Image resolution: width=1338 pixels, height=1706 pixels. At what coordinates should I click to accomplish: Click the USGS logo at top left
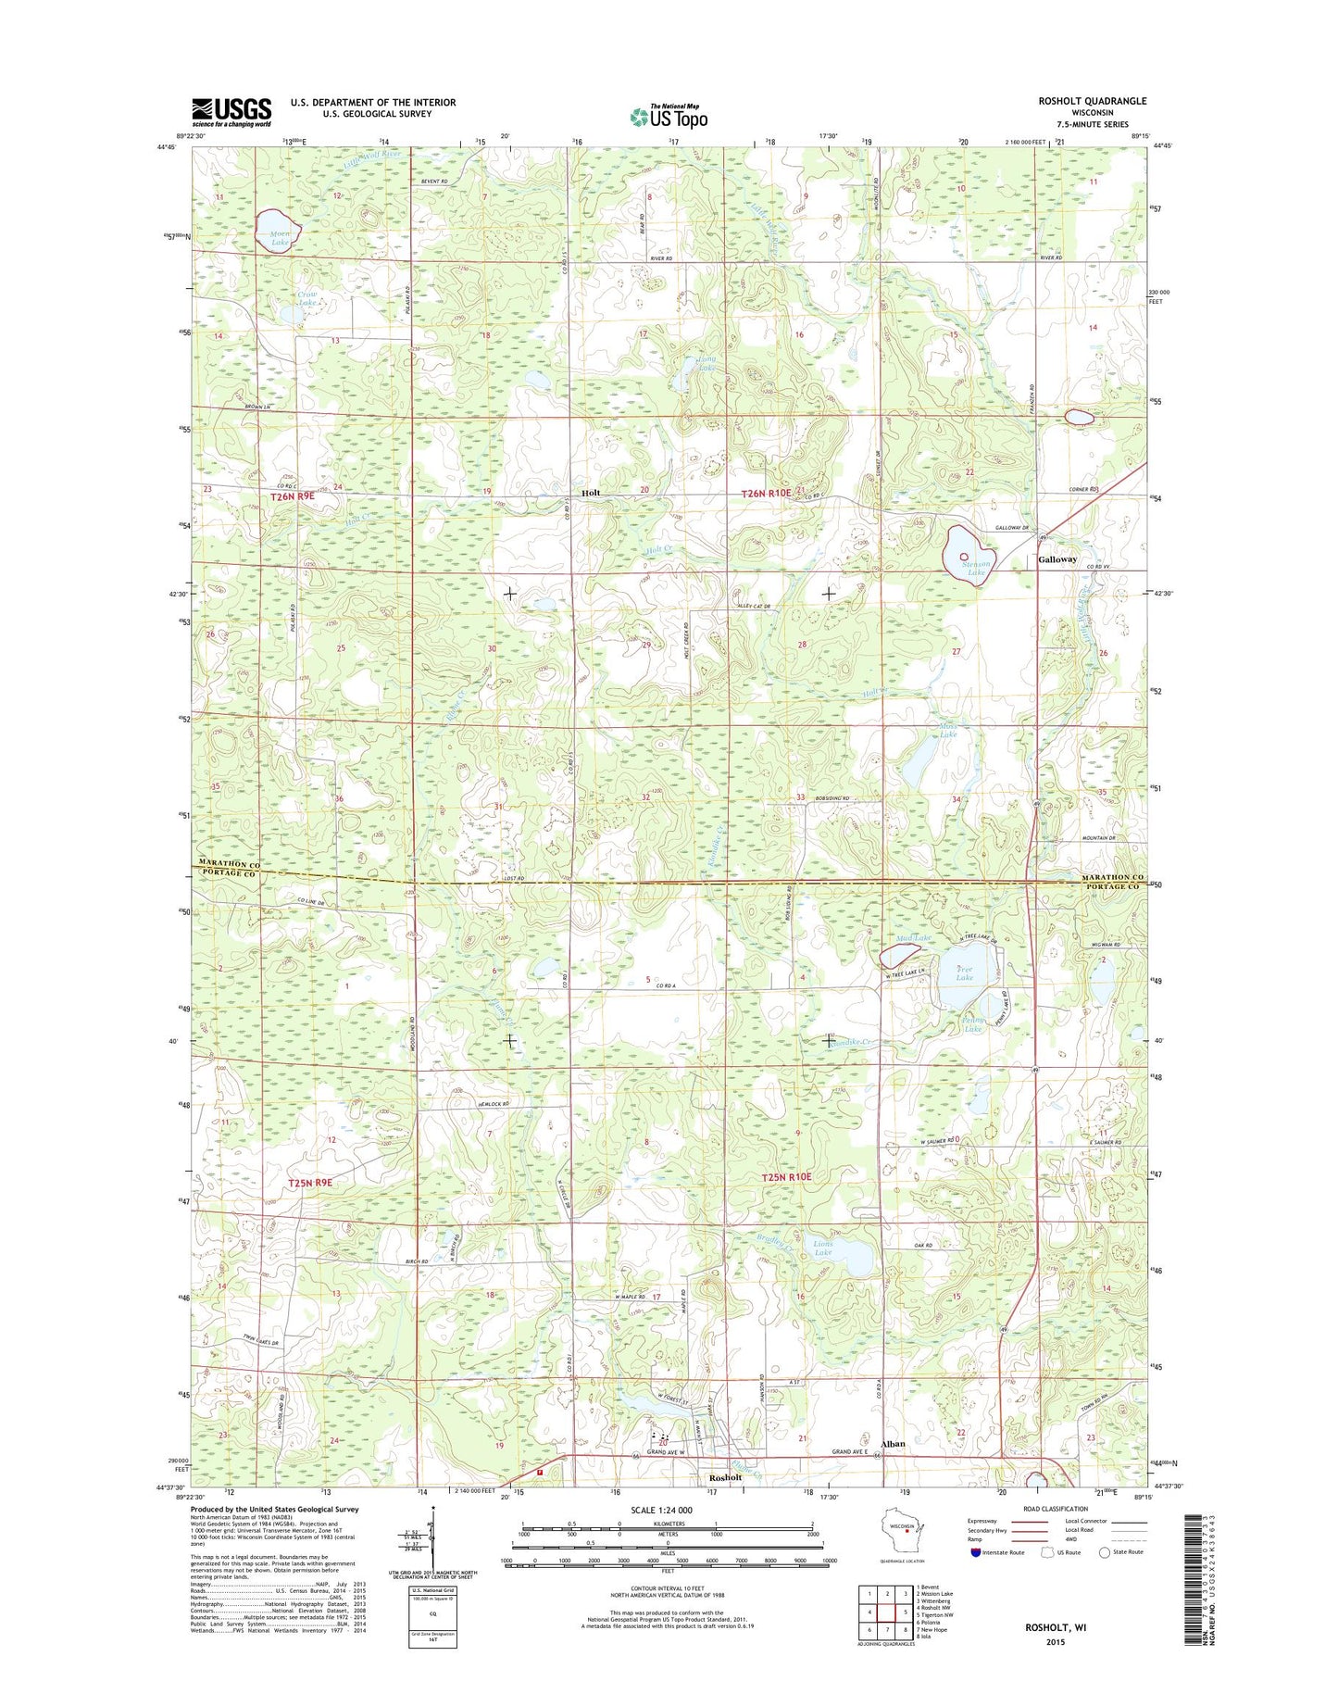(x=231, y=111)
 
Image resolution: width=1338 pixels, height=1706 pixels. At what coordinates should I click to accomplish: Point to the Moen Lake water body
(x=274, y=231)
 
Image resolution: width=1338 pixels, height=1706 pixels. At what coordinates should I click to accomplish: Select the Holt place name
(x=591, y=493)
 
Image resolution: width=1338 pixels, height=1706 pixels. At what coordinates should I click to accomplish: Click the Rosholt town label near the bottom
(x=725, y=1477)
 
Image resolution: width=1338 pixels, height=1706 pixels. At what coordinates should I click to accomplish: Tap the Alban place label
(x=893, y=1444)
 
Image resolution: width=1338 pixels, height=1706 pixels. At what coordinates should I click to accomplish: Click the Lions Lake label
(x=822, y=1248)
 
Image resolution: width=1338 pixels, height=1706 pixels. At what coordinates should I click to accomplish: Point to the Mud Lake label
(x=913, y=938)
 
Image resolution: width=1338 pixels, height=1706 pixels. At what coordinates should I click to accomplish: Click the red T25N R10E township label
(x=786, y=1177)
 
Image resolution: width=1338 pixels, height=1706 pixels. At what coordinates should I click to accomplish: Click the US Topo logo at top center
(x=669, y=117)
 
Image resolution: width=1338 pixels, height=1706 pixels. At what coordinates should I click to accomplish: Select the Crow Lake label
(x=307, y=299)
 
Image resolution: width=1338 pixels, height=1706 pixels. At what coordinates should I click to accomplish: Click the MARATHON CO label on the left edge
(x=227, y=863)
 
